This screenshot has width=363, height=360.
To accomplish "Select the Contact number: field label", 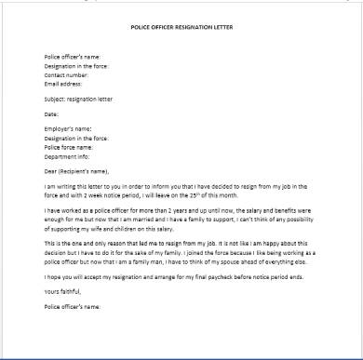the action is pos(64,73).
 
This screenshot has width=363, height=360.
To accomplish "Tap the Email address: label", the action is pos(62,81).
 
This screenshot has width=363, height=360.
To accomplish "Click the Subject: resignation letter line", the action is pos(74,98).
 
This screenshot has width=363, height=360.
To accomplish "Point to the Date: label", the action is pos(51,113).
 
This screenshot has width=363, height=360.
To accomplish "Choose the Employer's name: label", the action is pos(67,130).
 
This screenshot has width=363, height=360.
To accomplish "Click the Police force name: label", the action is pos(68,147).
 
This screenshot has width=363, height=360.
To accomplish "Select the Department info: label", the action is pos(68,155).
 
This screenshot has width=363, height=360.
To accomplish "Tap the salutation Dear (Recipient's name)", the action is pos(77,171).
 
